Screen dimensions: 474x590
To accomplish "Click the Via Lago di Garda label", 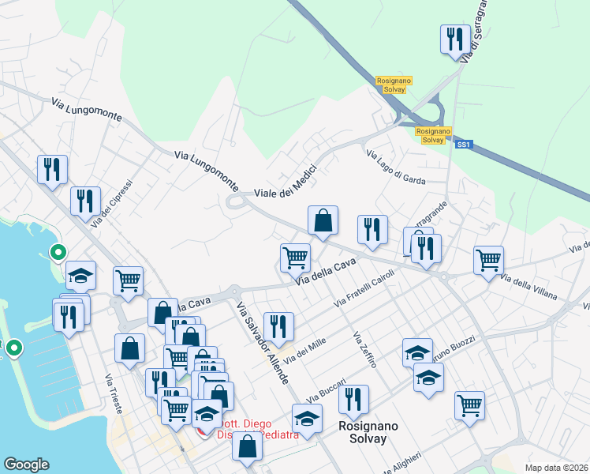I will tap(396, 166).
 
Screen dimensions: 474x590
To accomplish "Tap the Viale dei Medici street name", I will tap(285, 181).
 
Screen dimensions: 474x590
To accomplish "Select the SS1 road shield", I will tap(463, 145).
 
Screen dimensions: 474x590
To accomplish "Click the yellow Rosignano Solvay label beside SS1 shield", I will tap(431, 135).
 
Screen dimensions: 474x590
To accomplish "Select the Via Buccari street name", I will tap(326, 387).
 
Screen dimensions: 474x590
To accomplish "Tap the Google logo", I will tap(26, 464).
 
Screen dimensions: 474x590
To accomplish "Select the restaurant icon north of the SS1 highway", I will tap(454, 39).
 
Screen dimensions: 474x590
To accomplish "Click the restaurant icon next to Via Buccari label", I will tap(353, 399).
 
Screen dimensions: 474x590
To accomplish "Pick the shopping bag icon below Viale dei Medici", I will tap(323, 220).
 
